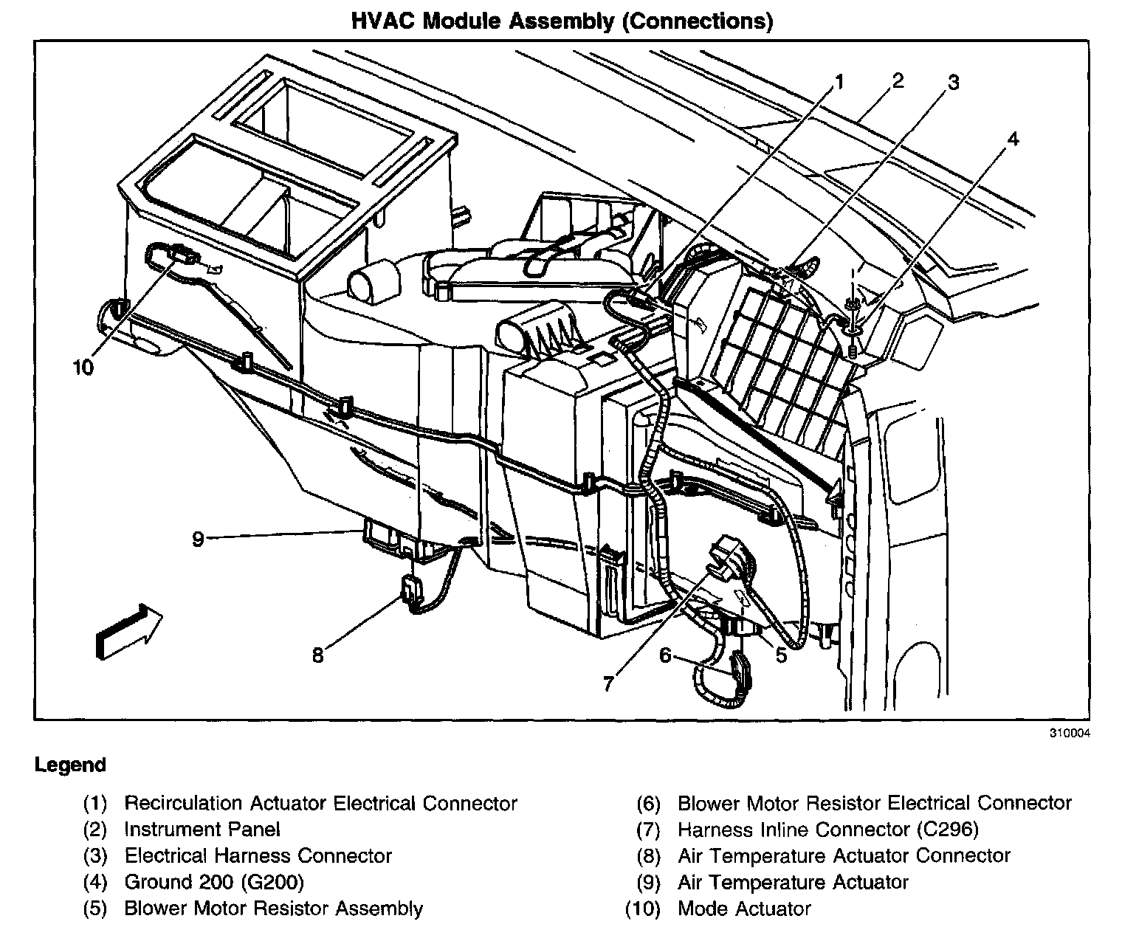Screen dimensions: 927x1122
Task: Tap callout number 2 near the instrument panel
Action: tap(898, 80)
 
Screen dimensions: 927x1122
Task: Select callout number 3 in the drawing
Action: tap(953, 83)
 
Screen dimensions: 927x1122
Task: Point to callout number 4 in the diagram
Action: tap(1013, 138)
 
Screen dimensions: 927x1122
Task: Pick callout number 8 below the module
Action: tap(317, 655)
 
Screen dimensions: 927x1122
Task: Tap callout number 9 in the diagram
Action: tap(197, 539)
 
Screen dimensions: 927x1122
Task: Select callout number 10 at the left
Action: tap(83, 367)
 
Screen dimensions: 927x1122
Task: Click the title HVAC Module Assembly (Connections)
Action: tap(562, 21)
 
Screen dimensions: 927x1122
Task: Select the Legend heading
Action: tap(70, 765)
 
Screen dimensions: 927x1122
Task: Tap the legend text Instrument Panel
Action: tap(202, 830)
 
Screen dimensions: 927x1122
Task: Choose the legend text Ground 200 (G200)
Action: tap(213, 882)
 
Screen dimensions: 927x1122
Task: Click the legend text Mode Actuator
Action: tap(744, 909)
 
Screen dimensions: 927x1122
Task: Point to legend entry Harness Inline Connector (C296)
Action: tap(827, 830)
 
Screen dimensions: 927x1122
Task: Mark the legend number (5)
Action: tap(94, 909)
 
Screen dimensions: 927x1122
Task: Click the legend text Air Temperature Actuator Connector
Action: tap(844, 856)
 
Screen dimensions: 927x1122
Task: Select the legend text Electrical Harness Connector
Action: tap(258, 856)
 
